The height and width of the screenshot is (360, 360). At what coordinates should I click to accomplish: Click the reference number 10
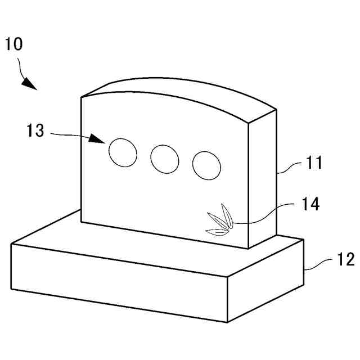tap(14, 44)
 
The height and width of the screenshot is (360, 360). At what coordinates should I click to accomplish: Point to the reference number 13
tap(35, 131)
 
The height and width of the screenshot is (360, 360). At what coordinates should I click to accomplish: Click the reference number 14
tap(309, 204)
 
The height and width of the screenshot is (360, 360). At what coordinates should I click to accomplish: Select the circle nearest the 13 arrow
tap(123, 152)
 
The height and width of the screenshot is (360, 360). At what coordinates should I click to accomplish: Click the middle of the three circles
tap(165, 159)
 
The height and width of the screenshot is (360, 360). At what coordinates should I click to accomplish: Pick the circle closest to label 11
tap(206, 165)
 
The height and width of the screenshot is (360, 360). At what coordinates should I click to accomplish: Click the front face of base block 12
tap(118, 278)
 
